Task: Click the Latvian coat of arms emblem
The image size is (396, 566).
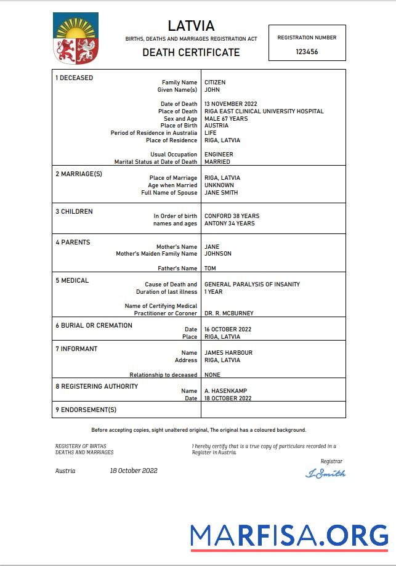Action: tap(76, 40)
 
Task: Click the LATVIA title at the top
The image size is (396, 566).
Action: tap(191, 26)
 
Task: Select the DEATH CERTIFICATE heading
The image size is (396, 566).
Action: tap(191, 52)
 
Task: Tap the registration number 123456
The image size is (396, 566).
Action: tap(307, 52)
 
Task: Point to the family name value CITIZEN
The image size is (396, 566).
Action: tap(215, 83)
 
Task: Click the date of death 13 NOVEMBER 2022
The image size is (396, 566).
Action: tap(230, 104)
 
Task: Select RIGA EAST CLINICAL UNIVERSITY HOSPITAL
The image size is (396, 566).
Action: tap(264, 111)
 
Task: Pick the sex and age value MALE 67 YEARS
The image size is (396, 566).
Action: tap(226, 119)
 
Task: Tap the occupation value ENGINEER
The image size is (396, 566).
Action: tap(219, 155)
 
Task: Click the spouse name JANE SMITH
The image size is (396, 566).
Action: tap(221, 193)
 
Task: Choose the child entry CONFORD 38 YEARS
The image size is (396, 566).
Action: tap(232, 216)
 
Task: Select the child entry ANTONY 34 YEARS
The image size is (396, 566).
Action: tap(229, 224)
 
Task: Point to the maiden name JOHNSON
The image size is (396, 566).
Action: tap(218, 254)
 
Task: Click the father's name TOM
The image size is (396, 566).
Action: tap(210, 269)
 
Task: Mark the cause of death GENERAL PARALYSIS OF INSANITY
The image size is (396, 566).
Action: tap(252, 285)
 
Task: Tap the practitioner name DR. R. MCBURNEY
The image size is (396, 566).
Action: tap(228, 313)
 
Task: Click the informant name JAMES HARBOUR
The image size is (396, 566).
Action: tap(228, 353)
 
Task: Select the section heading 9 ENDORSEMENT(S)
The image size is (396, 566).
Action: tap(86, 410)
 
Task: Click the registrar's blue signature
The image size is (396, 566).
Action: tap(326, 474)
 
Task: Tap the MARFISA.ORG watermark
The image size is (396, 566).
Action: tap(289, 536)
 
